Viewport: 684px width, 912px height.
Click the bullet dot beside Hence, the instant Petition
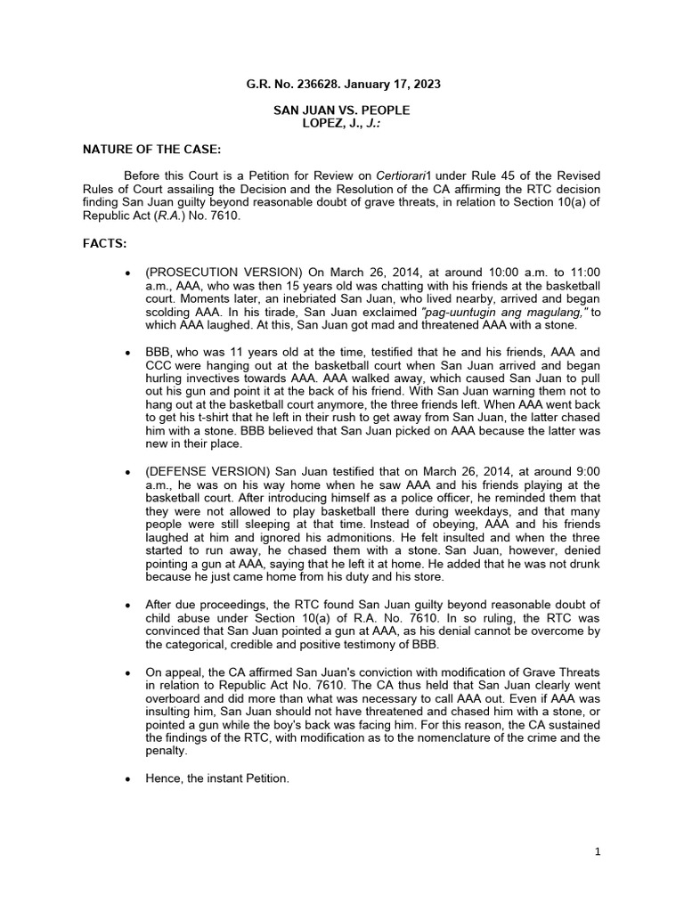[x=130, y=778]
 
